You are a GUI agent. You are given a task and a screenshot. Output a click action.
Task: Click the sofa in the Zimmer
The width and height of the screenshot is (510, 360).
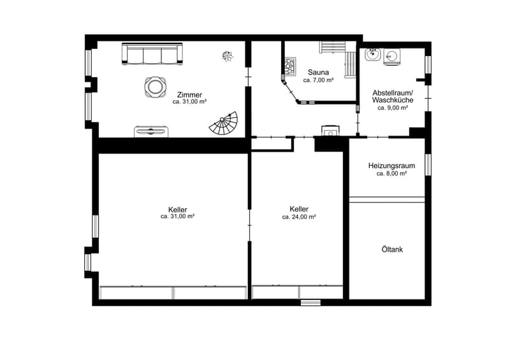coord(152,54)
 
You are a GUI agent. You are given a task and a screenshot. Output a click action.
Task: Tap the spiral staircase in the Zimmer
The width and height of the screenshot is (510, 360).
coord(224,124)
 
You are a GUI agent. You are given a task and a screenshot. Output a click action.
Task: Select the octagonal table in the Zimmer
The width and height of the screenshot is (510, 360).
coord(155,87)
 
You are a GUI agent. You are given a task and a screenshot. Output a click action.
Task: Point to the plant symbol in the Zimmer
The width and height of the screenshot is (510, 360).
coord(228,56)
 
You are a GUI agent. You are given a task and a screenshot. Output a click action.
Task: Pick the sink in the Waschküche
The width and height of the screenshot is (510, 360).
coord(373,54)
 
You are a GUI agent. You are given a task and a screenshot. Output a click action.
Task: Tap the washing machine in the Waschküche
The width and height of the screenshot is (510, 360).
coord(391,57)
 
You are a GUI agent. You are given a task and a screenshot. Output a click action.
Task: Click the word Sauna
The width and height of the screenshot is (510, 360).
coord(318,72)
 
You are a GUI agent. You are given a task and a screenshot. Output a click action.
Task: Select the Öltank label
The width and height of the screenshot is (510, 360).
coord(392,249)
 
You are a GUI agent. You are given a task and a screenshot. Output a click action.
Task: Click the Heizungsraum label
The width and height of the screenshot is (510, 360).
coord(391,166)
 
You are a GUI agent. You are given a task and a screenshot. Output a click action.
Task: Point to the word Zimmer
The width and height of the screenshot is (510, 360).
coord(189,95)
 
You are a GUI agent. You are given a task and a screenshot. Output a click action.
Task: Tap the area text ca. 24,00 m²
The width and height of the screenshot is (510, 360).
coord(299,217)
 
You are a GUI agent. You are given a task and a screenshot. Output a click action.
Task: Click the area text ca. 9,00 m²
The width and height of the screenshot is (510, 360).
coord(393,108)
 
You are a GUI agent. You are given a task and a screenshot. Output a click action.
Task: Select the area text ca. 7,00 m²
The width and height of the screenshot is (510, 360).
coord(318,80)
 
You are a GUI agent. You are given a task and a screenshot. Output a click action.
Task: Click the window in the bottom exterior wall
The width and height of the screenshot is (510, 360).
coord(310,303)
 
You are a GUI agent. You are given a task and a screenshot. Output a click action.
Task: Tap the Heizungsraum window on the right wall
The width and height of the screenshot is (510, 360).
coord(428,165)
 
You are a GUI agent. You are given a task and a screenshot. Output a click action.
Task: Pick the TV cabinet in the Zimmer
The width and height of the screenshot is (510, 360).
coord(151,131)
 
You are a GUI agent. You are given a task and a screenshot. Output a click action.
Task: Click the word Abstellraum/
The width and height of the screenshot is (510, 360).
coord(393,92)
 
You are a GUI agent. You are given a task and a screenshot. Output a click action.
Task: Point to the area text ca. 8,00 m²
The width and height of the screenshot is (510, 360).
coord(391,174)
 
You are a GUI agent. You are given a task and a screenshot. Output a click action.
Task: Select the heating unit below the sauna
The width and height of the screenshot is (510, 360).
coord(331,131)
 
